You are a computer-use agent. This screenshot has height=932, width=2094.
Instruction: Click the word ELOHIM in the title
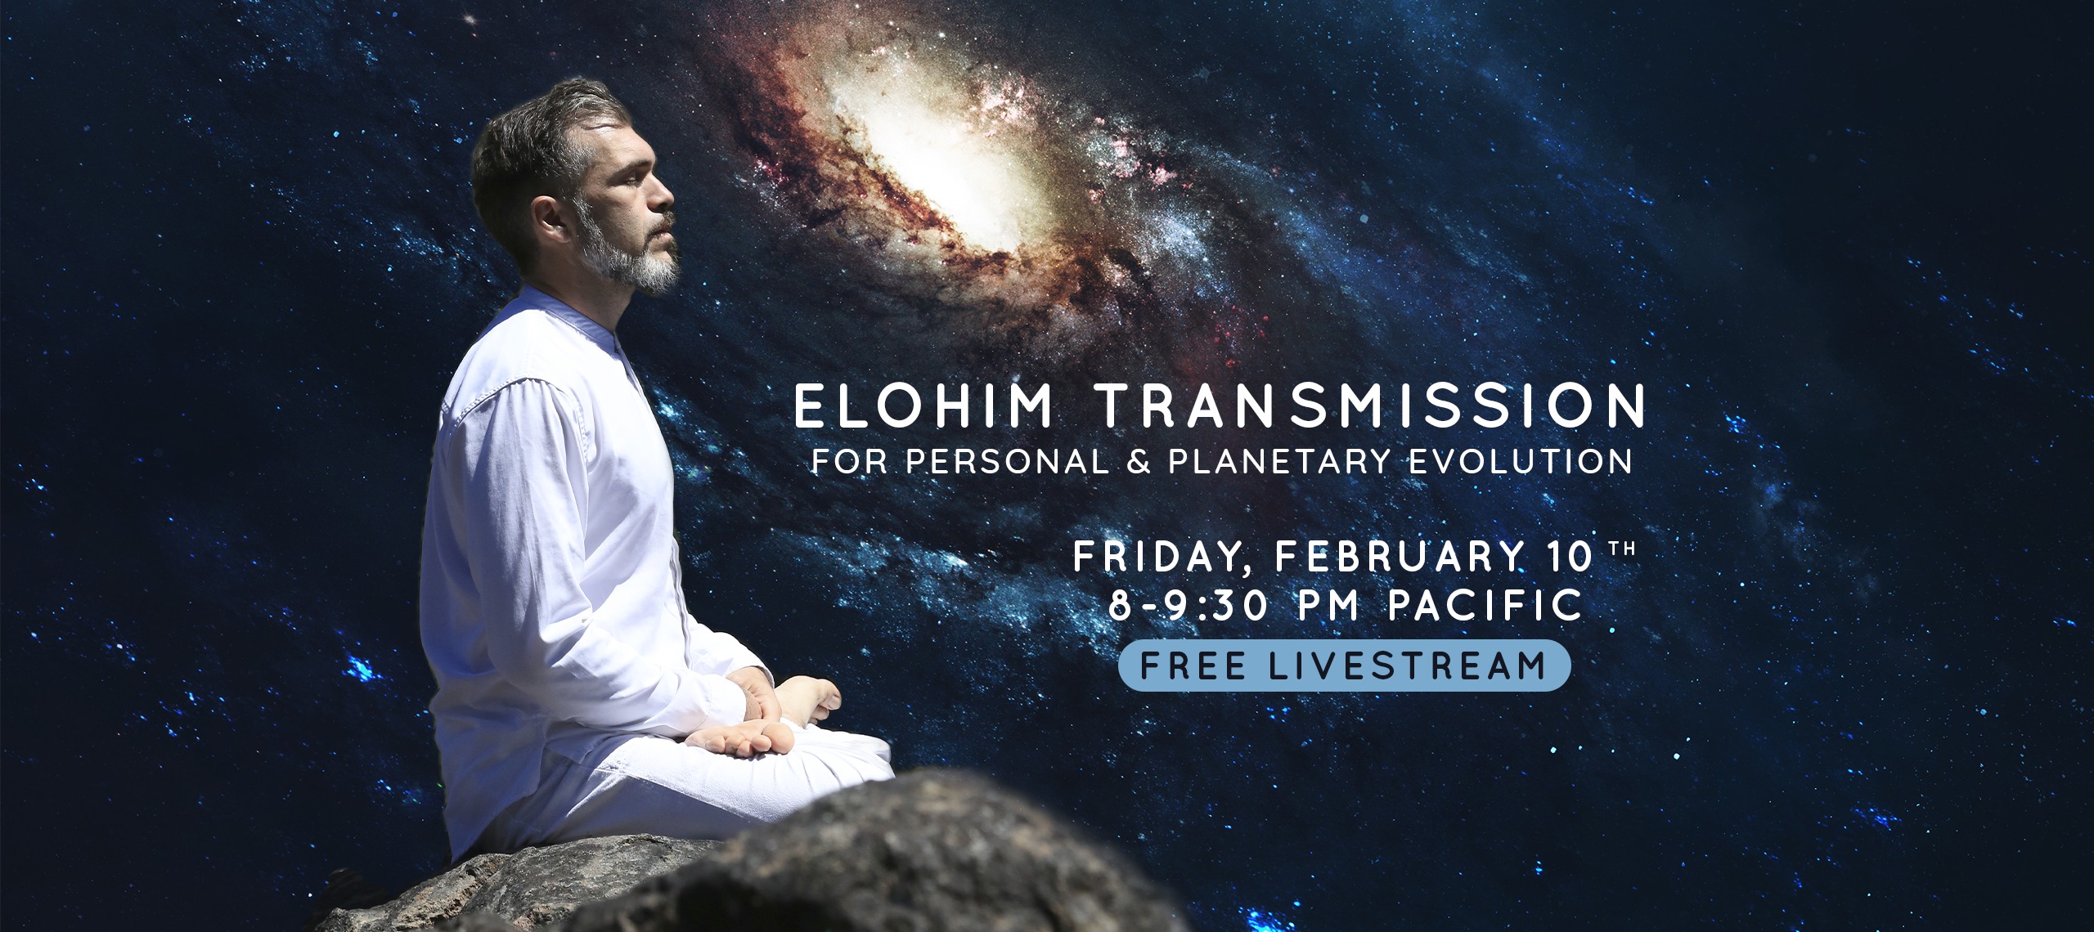tap(924, 406)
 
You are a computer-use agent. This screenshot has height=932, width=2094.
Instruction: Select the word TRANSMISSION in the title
tap(1370, 406)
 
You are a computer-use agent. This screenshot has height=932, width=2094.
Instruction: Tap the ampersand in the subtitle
tap(1138, 462)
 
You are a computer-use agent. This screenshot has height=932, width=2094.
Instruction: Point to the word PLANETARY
tap(1279, 462)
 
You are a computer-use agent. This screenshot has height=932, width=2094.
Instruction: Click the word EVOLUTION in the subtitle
tap(1521, 462)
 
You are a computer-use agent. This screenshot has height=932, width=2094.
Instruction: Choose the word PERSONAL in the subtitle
tap(1006, 462)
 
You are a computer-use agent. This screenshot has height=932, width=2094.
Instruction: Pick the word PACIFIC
tap(1485, 605)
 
